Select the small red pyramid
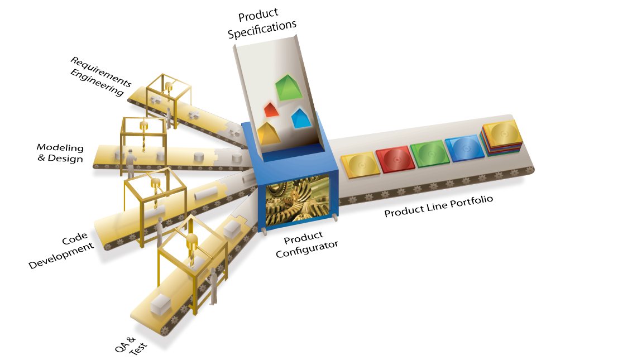click(x=271, y=109)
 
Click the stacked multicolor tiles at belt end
click(x=502, y=137)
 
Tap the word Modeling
click(x=60, y=147)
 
